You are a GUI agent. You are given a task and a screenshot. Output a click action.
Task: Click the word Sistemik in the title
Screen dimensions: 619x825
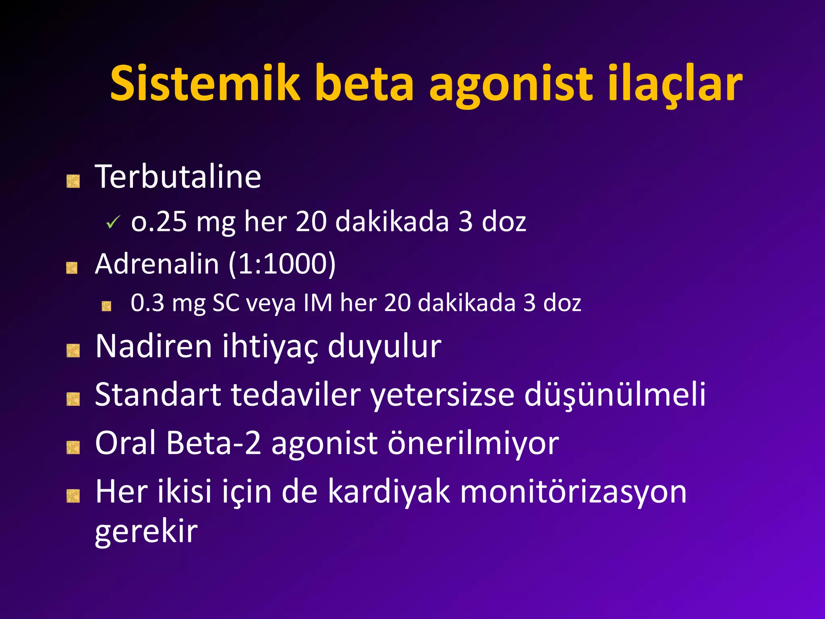[205, 84]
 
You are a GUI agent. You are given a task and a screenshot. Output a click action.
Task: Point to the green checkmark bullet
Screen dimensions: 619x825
[113, 222]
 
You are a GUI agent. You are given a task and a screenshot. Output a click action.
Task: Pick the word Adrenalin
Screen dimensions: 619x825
[157, 264]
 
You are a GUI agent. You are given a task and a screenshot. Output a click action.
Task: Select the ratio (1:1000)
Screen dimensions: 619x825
[282, 264]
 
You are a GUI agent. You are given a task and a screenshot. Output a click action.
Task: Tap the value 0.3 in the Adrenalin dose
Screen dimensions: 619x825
[147, 303]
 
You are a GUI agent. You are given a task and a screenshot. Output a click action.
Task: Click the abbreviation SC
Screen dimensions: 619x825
[226, 303]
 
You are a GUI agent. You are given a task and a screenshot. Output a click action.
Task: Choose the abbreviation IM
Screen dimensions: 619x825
[318, 303]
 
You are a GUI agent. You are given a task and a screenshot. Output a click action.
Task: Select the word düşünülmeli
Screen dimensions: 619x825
[615, 395]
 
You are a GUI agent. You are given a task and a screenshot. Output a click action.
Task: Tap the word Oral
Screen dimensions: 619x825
[125, 443]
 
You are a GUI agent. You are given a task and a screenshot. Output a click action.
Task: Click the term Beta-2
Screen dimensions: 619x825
[214, 443]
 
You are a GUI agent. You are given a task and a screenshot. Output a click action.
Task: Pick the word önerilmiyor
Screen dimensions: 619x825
[473, 443]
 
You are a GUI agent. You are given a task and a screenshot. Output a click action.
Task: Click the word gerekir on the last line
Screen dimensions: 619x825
[146, 532]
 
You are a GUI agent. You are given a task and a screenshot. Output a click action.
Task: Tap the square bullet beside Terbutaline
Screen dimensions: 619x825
[73, 181]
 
